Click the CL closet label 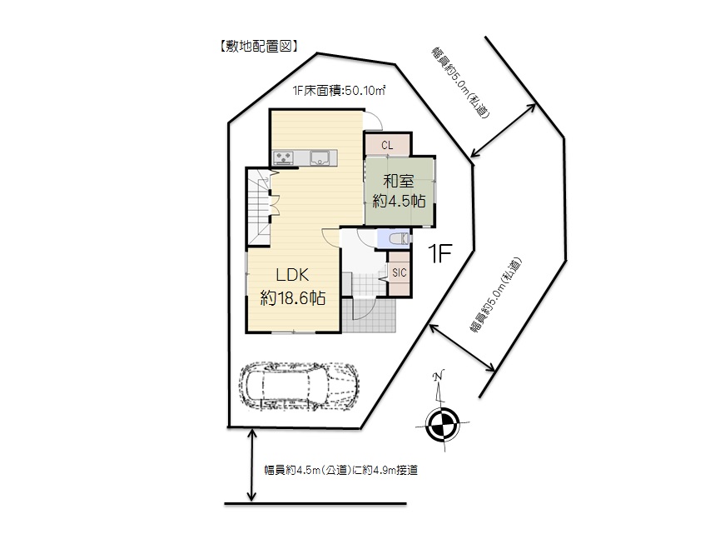(387, 146)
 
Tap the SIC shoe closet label (399, 273)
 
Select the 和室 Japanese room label (399, 181)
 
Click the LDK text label (292, 275)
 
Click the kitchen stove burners (283, 157)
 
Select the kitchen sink (320, 157)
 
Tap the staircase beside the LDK (258, 207)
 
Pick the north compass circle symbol (442, 424)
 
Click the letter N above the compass (439, 375)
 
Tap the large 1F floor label (439, 253)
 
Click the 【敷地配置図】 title (259, 46)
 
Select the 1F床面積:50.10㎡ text (339, 91)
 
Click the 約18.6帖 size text (293, 297)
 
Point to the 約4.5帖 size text (399, 201)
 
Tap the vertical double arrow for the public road (251, 465)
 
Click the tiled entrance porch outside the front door (369, 315)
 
